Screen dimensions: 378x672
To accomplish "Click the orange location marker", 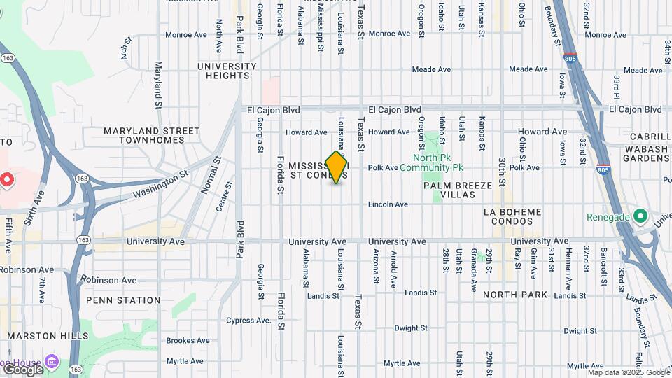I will (337, 167).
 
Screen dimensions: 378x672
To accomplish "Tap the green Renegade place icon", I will (640, 216).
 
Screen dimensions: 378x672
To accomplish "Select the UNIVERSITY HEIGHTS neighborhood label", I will (227, 71).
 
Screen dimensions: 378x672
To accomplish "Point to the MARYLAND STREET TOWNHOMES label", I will (152, 135).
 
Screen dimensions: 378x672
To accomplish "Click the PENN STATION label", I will (123, 300).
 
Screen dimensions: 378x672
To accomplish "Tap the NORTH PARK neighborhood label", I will (515, 295).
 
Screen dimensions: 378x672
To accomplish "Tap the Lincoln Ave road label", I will (388, 204).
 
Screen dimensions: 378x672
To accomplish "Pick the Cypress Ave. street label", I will (248, 321).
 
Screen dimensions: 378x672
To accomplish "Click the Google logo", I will (23, 369).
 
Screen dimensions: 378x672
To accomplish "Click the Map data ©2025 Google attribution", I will (629, 373).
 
